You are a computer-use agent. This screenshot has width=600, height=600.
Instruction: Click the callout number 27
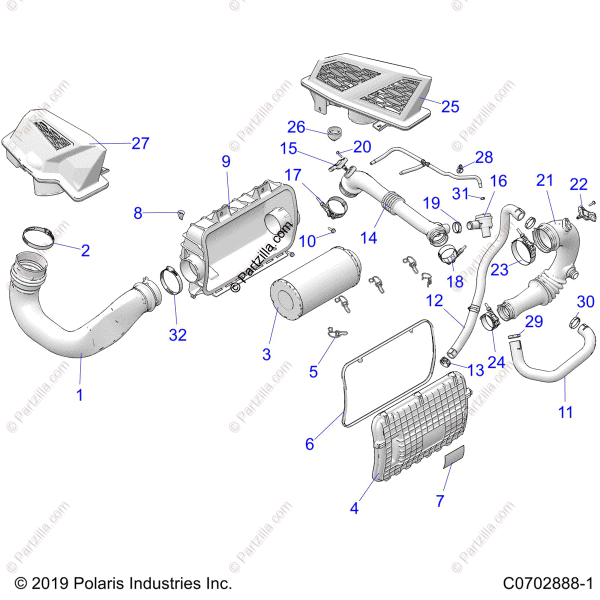click(x=140, y=143)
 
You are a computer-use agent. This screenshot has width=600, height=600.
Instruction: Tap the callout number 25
click(x=450, y=106)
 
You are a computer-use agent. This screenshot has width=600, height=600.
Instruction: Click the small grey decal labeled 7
click(x=453, y=455)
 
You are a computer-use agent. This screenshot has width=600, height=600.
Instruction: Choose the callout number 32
click(x=177, y=334)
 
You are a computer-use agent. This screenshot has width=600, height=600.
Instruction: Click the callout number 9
click(x=226, y=161)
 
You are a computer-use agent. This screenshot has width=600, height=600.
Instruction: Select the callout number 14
click(x=368, y=238)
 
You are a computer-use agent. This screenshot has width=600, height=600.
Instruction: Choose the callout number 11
click(x=565, y=412)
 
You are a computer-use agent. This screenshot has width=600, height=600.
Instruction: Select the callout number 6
click(x=309, y=443)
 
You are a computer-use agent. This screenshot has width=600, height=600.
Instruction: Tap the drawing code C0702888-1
click(x=547, y=583)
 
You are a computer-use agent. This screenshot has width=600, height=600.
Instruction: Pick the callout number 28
click(x=484, y=157)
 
